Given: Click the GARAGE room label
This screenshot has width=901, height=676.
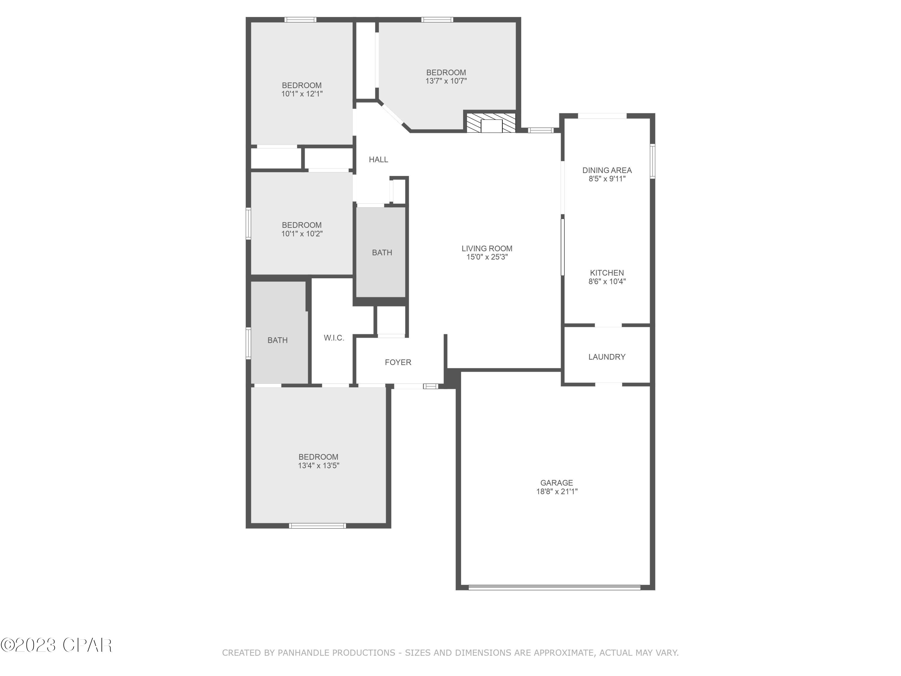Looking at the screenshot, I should (557, 483).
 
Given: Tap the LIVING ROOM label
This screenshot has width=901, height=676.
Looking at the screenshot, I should (487, 248).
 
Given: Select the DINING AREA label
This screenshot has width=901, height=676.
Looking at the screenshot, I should (607, 170).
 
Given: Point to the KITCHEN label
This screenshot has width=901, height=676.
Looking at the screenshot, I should (607, 273).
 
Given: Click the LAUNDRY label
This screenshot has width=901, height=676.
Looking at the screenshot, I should (606, 357).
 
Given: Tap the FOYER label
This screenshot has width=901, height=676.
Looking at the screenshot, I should (398, 362).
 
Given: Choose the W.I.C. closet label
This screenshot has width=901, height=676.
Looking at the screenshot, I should (334, 337).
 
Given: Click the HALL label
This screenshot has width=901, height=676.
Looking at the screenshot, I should (378, 159).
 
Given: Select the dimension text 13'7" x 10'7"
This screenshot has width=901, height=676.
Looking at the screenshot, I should (446, 81).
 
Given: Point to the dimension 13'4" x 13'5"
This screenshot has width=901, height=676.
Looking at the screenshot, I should (319, 465).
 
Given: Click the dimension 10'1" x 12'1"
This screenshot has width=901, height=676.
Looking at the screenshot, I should (302, 94).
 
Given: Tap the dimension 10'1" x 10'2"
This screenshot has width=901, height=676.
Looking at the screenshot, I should (302, 233).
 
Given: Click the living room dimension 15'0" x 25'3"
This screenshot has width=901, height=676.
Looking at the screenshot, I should (487, 257).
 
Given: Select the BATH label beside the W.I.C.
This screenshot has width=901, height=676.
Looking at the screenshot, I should (278, 340).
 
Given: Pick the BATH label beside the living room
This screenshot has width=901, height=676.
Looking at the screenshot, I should (382, 252).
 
